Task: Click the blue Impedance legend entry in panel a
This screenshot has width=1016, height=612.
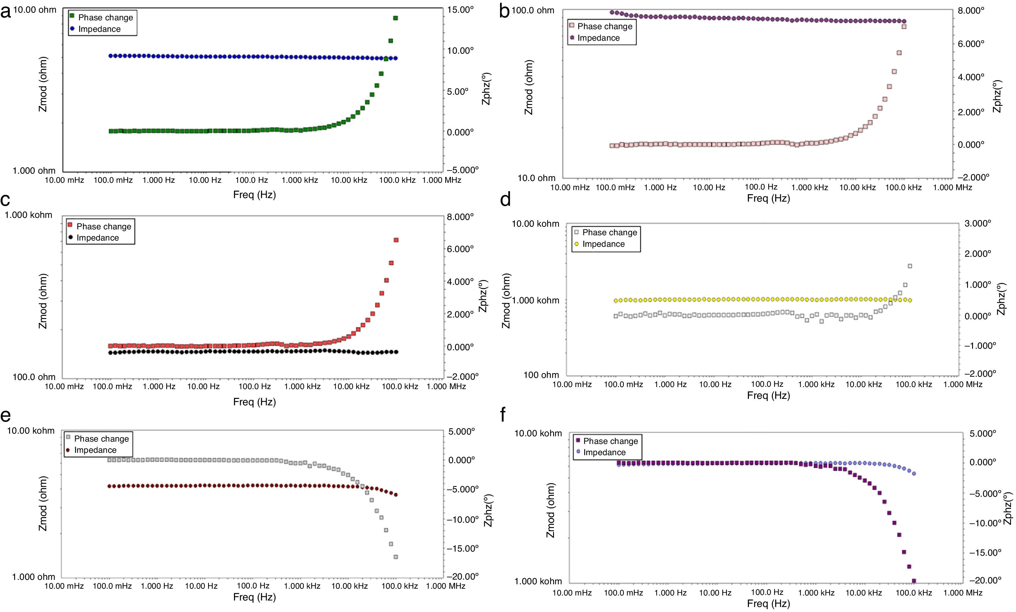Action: tap(99, 29)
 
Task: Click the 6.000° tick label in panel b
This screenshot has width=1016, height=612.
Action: tap(971, 44)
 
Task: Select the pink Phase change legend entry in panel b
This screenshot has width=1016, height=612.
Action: tap(604, 27)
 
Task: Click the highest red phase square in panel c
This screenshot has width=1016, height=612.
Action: tap(396, 240)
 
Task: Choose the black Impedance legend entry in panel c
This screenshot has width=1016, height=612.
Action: tap(97, 238)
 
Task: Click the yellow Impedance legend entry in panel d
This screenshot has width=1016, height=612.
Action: tap(603, 244)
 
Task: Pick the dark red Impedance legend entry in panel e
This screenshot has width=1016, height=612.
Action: tap(95, 450)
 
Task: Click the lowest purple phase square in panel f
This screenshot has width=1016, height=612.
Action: tap(914, 581)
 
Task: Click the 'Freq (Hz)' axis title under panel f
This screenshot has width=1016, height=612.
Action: tap(768, 604)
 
